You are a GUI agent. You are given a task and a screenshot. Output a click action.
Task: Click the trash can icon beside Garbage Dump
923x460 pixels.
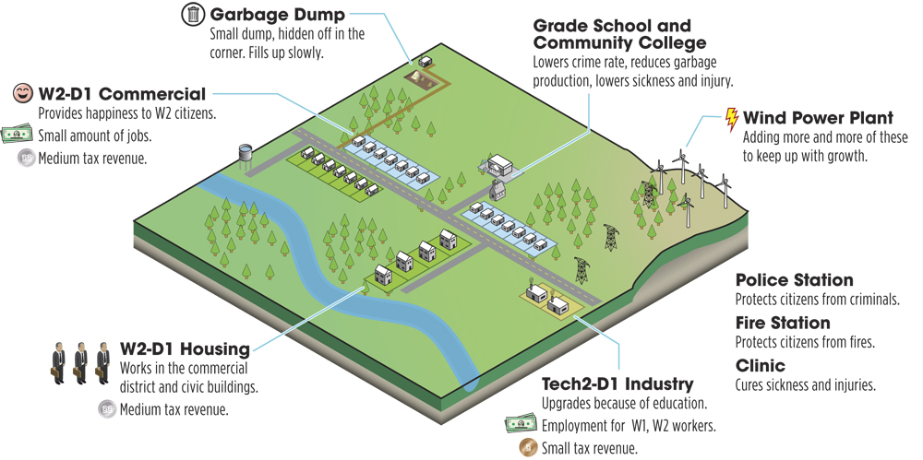tap(193, 14)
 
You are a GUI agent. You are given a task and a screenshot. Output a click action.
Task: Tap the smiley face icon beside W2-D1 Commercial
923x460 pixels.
tap(23, 93)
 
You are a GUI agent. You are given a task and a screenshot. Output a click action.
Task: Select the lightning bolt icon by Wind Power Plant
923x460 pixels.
tap(732, 120)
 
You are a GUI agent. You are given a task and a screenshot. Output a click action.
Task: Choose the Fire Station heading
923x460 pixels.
tap(783, 323)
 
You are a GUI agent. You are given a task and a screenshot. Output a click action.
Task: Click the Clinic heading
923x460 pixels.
tap(761, 366)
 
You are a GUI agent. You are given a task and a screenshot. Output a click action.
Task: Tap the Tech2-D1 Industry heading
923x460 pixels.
tap(617, 384)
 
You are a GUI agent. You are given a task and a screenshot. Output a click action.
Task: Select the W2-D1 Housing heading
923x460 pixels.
tap(185, 348)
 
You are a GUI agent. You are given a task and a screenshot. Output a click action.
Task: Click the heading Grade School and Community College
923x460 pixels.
tap(620, 34)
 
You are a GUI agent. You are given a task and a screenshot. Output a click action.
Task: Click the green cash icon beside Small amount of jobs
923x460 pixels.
tap(17, 135)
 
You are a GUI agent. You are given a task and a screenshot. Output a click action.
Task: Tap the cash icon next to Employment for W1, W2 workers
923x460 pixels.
tap(521, 425)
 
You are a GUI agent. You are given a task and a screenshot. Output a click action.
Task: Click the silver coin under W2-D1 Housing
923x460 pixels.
tap(107, 408)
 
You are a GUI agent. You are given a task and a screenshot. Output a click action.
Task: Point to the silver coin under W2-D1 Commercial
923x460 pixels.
tap(27, 159)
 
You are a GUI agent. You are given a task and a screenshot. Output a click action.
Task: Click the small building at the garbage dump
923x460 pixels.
tap(425, 61)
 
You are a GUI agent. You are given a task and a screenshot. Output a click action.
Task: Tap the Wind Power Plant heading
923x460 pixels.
tap(818, 118)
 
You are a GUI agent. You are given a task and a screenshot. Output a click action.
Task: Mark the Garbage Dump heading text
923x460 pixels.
tap(277, 14)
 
